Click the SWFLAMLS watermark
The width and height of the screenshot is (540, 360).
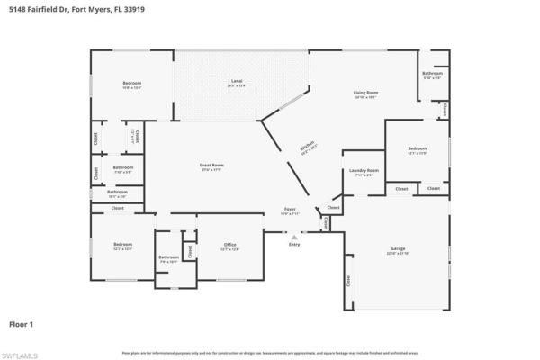click(20, 355)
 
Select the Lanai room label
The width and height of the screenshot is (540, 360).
click(237, 82)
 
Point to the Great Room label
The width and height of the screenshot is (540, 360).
click(211, 166)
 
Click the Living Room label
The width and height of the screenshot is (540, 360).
click(364, 93)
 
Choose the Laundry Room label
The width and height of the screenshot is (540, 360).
click(364, 170)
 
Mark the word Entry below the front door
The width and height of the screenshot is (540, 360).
click(294, 244)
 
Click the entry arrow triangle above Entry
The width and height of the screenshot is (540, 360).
click(294, 236)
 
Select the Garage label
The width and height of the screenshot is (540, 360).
click(398, 247)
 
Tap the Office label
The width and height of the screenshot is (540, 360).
click(229, 245)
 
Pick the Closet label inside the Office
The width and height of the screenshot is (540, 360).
click(190, 248)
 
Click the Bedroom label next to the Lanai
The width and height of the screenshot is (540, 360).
click(132, 84)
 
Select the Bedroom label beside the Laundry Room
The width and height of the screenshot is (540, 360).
click(417, 148)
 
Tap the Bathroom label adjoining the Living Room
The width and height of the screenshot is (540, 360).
click(433, 73)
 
